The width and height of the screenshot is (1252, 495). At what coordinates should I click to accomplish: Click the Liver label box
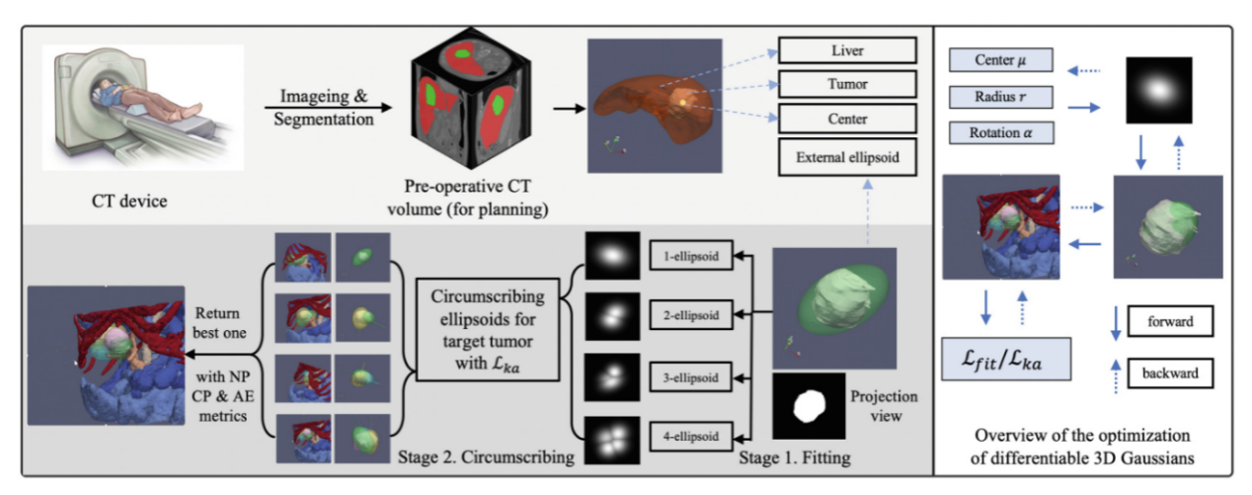coord(848,48)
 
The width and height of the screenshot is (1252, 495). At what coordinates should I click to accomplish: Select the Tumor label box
coord(848,84)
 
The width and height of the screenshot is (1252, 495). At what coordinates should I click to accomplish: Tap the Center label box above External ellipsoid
coord(848,120)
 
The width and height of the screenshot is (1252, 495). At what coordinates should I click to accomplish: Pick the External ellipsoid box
coord(848,155)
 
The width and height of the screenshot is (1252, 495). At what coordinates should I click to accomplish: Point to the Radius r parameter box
coord(998,97)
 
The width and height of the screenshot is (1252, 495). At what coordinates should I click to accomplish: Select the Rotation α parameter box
coord(998,131)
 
